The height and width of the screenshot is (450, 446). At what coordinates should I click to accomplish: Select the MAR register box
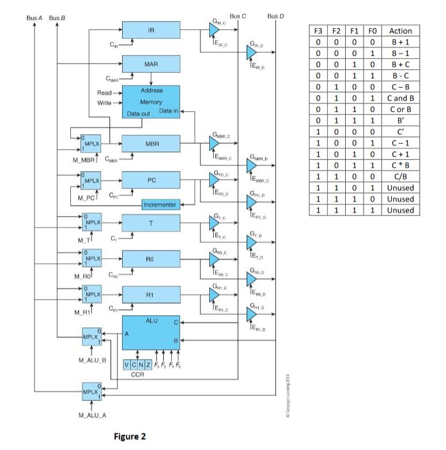point(151,64)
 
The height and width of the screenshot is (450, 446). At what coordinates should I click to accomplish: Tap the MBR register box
point(151,144)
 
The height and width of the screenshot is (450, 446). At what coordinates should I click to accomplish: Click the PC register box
point(151,181)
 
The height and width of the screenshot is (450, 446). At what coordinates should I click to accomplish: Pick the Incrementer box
point(161,205)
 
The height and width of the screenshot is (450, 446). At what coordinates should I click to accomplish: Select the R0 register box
point(151,259)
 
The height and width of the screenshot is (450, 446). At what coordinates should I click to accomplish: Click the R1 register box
point(151,295)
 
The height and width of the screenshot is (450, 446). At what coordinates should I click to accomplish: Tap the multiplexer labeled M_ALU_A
point(91,392)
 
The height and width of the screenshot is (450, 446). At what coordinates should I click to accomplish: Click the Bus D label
point(275,16)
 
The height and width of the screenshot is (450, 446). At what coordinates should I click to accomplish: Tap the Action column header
point(400,31)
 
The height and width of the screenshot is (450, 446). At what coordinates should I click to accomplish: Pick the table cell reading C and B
point(400,98)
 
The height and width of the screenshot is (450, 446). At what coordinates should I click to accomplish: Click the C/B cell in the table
point(400,176)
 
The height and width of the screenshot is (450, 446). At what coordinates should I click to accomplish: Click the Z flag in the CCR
point(149,364)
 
